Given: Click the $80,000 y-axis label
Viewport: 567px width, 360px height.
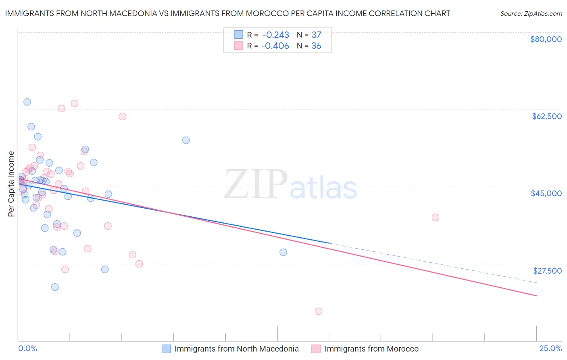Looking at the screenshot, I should [546, 39].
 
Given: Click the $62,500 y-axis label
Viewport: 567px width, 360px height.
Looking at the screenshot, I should [546, 116].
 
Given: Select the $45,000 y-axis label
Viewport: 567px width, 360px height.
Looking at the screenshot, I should [546, 193].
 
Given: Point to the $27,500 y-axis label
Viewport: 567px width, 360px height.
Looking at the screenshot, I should [547, 271].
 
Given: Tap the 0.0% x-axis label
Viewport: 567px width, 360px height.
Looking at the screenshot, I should [27, 349].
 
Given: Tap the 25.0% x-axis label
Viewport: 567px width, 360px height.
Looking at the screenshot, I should [550, 349].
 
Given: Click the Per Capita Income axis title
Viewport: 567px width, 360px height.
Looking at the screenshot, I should [11, 184].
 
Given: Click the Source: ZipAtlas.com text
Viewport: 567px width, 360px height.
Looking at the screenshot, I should [531, 14].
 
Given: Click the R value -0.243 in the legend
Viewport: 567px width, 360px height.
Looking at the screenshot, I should [276, 35].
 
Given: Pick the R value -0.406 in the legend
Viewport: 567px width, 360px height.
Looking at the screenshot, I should [275, 46].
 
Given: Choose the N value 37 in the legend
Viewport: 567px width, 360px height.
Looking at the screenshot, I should [316, 35].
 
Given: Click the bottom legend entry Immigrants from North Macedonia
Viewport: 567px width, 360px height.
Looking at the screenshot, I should [236, 349].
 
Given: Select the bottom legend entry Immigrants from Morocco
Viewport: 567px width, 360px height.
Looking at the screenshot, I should [371, 349].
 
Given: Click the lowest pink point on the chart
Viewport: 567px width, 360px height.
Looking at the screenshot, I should [319, 311].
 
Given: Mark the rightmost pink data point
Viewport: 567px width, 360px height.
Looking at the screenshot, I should [436, 218].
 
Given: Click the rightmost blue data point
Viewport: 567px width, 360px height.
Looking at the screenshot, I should [283, 252].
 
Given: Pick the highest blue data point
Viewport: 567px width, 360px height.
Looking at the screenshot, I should [27, 102].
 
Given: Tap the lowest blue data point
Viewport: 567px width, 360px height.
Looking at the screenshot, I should [55, 287].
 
